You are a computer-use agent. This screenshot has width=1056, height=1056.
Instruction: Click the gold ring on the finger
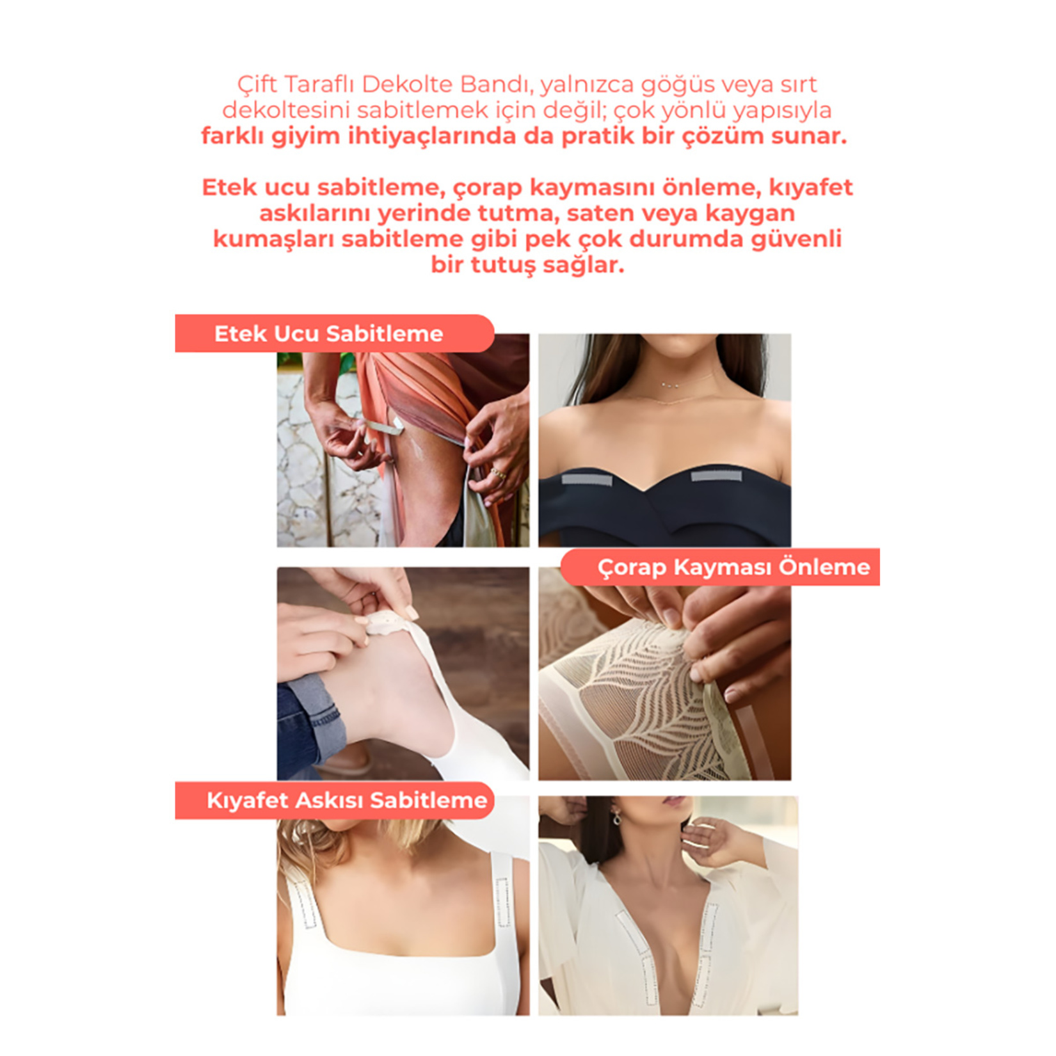497,474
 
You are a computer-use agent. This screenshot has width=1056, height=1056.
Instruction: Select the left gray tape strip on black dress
587,479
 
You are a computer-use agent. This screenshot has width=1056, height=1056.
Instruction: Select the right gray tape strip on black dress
716,476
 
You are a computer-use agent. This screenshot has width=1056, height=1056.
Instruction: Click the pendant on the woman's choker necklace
670,385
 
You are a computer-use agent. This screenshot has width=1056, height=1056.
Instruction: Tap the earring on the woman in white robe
616,817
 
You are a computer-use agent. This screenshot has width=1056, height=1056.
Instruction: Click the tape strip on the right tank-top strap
503,902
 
